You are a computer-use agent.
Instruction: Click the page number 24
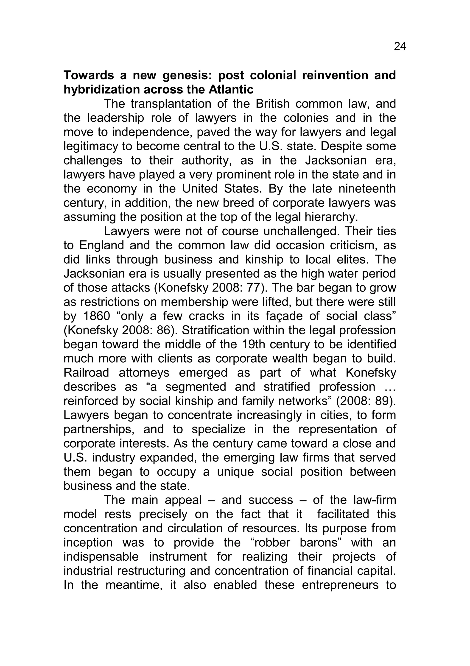(x=400, y=47)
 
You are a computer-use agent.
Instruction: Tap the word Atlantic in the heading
(x=231, y=90)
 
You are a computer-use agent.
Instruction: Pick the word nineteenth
(x=367, y=189)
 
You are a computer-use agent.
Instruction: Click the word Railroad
(x=86, y=373)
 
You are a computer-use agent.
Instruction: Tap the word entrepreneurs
(x=340, y=585)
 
